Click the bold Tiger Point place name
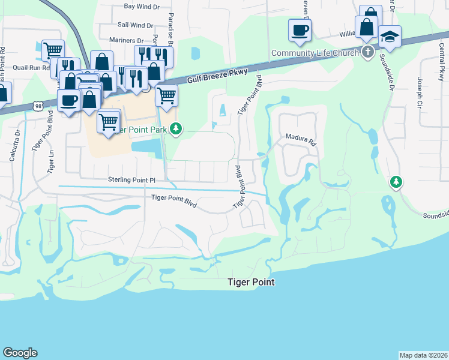click(x=250, y=282)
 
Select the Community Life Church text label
click(x=315, y=53)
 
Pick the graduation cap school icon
click(x=390, y=37)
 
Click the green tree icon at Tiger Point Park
click(x=176, y=128)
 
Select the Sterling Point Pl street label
click(x=131, y=179)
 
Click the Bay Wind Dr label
click(x=142, y=7)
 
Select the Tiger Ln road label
click(x=50, y=158)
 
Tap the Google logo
click(x=20, y=353)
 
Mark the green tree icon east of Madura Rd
click(x=396, y=181)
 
